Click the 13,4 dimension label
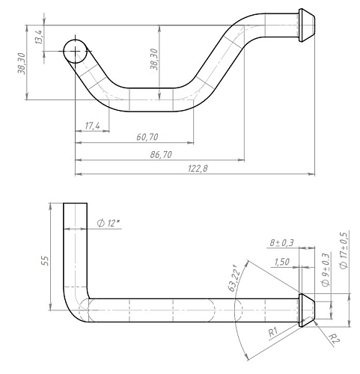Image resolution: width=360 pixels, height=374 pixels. click(x=39, y=37)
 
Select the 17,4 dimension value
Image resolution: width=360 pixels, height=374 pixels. click(x=92, y=126)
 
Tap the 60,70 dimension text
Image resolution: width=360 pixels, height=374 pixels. click(x=147, y=137)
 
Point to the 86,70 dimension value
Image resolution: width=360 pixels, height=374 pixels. click(x=161, y=155)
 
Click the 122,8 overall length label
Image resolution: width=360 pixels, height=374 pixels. click(x=198, y=169)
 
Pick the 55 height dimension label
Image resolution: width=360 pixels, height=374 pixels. click(x=46, y=260)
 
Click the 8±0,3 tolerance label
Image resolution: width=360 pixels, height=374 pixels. click(x=281, y=242)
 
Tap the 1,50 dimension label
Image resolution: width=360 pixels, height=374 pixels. click(x=282, y=262)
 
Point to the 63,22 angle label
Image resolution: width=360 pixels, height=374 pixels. click(x=235, y=278)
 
